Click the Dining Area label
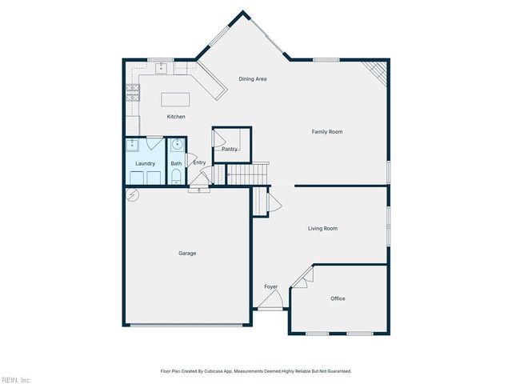(x=253, y=78)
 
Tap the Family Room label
(x=326, y=131)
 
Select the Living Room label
(x=322, y=228)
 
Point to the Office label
(x=338, y=298)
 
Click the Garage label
(x=186, y=253)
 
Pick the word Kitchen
(x=176, y=117)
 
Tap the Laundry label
(x=145, y=163)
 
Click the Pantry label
(x=230, y=149)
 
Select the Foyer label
(x=270, y=286)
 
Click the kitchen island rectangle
(x=176, y=99)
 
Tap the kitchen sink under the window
(x=162, y=69)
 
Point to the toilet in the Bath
(x=176, y=176)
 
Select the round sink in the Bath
(x=176, y=145)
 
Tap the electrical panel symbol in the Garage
(x=133, y=194)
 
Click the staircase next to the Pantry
(x=246, y=174)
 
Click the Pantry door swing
(x=218, y=138)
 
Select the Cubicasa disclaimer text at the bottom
(x=255, y=371)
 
